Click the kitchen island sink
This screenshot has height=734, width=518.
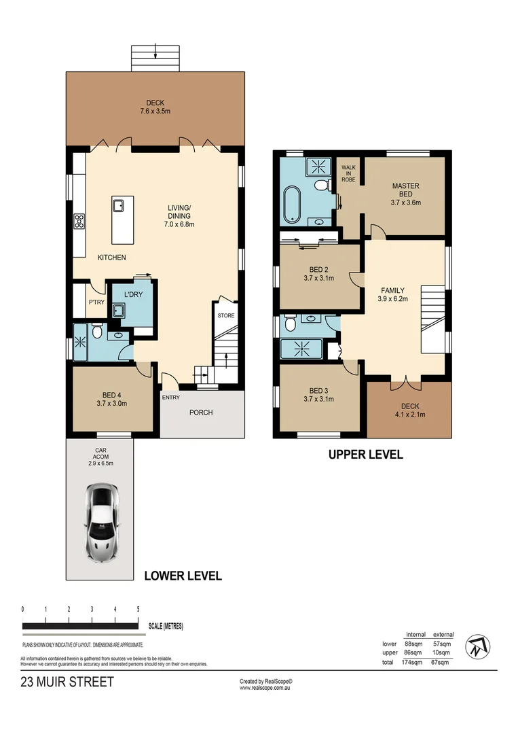tap(118, 205)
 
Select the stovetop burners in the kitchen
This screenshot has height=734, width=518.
tap(79, 220)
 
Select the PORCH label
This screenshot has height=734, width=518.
tap(201, 412)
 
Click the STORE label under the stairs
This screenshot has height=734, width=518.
tap(225, 316)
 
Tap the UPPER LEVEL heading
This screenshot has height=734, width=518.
tap(365, 455)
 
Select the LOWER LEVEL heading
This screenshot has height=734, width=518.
tap(183, 576)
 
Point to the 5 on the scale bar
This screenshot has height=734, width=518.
tap(138, 610)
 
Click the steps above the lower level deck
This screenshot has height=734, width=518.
tap(156, 58)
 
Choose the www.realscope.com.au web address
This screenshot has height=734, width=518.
tap(265, 688)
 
